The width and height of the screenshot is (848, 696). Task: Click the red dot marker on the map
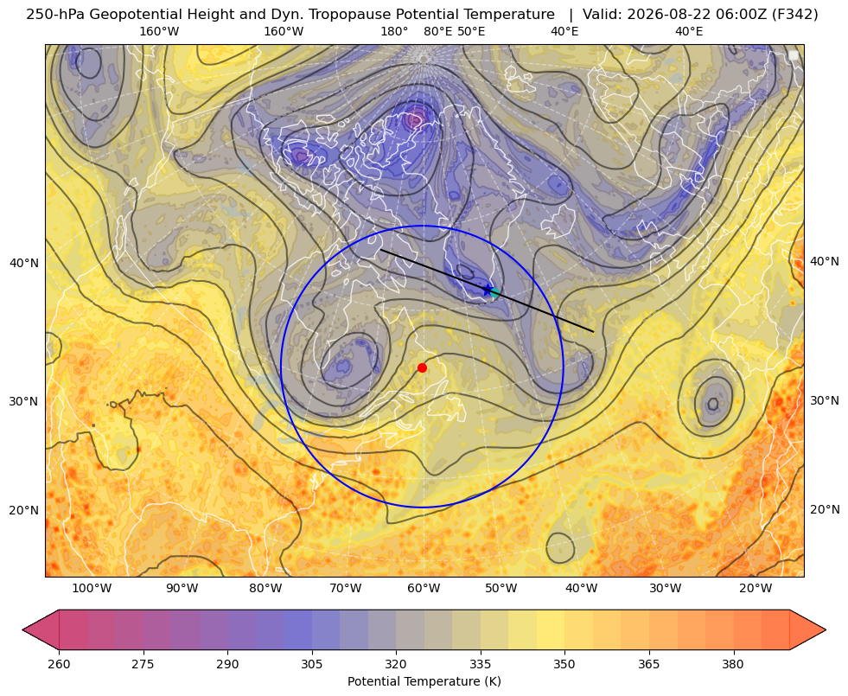coord(422,367)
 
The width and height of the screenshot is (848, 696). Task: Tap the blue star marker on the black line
coord(488,290)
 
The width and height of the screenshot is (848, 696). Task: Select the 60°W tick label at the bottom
coord(423,588)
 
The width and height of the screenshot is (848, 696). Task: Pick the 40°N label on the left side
coord(24,264)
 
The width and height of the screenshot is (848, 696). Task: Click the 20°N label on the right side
coord(825,509)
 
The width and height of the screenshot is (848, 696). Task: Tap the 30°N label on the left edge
coord(24,401)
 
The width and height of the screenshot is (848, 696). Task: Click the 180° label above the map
coord(394,31)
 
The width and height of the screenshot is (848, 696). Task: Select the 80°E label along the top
coord(437,31)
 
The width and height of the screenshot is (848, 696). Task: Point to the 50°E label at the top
coord(471,31)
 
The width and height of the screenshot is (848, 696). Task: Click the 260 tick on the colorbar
coord(59,664)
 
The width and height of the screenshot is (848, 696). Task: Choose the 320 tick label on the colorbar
coord(396,664)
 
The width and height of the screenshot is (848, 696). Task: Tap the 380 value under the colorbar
coord(733,664)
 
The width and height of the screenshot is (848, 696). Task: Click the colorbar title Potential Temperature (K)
coord(424,680)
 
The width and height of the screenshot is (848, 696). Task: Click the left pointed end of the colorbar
coord(22,629)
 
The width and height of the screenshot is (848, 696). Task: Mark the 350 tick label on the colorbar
coord(564,664)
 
